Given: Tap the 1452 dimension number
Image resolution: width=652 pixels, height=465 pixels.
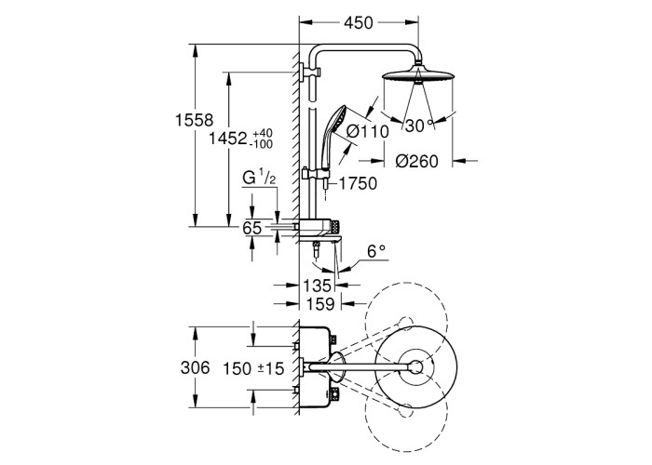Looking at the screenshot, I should tap(225, 139).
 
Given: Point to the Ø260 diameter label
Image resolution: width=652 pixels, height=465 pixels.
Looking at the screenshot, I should tap(415, 160).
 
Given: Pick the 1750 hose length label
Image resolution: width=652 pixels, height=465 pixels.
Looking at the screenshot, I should tap(358, 183).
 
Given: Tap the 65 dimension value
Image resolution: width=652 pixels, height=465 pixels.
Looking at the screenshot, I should tap(252, 227).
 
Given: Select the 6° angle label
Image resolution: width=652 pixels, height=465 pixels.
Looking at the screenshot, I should tap(375, 251).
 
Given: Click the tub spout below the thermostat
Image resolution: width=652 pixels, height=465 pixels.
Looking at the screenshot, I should tap(320, 245).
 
